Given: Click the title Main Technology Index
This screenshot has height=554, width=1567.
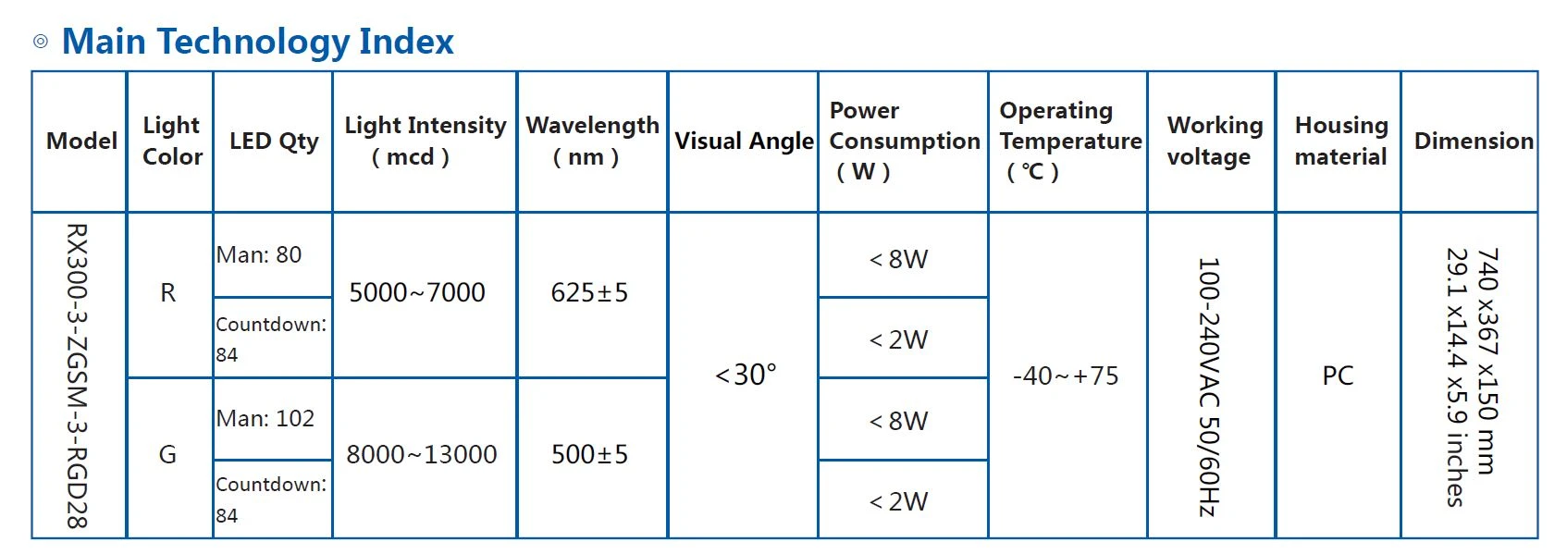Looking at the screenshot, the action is click(257, 42).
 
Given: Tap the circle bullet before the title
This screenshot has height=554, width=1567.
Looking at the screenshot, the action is click(41, 42).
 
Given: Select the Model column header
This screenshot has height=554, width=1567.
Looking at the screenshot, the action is click(81, 141).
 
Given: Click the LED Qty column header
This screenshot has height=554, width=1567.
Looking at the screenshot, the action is click(274, 142).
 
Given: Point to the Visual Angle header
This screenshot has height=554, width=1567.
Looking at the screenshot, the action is click(744, 142).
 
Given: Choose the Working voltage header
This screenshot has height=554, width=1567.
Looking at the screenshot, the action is click(1215, 141).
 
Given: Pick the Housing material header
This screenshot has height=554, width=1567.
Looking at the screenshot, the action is click(1341, 141).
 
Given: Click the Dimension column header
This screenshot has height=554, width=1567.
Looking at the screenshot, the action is click(1474, 141).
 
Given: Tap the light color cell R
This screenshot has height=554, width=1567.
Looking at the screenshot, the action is click(168, 292).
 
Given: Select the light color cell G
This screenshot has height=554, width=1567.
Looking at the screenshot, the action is click(168, 455).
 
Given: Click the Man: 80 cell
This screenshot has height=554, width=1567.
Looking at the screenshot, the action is click(259, 254).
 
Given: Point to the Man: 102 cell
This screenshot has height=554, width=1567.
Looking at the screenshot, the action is click(265, 418).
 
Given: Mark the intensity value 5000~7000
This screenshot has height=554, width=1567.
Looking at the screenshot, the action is click(417, 292).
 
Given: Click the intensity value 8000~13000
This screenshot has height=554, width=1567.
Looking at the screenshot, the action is click(421, 455).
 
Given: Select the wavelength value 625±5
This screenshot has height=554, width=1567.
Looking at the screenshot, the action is click(589, 292).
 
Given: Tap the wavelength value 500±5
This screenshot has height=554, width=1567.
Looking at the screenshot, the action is click(589, 455).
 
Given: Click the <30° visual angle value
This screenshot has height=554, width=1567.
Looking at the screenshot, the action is click(746, 375).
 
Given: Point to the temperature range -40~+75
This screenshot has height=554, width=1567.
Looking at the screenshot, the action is click(1066, 375).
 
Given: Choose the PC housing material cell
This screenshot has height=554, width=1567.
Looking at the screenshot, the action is click(1338, 375).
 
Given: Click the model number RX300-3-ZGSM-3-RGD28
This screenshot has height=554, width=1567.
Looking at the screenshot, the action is click(77, 376).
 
